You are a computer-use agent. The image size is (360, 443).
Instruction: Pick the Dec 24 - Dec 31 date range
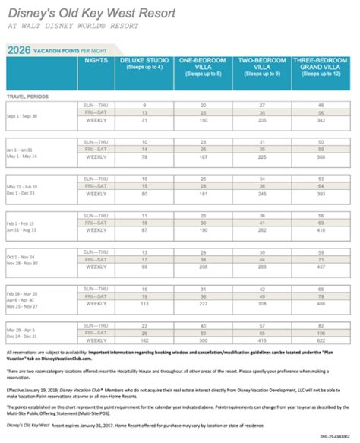tap(26, 337)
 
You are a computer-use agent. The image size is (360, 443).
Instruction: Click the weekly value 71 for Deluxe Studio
tap(144, 120)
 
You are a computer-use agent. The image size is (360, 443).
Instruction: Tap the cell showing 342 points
tap(321, 120)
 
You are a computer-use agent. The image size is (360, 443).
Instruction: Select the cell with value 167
tap(203, 157)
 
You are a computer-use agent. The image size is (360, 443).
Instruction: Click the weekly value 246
tap(262, 194)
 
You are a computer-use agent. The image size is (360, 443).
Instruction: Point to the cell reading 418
tap(321, 230)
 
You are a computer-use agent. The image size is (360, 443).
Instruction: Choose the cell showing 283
tap(262, 267)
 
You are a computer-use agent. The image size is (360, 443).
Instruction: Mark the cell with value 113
tap(144, 304)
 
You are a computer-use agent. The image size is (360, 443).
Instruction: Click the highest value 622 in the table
tap(321, 340)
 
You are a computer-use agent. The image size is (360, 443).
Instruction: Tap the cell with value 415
tap(262, 340)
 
